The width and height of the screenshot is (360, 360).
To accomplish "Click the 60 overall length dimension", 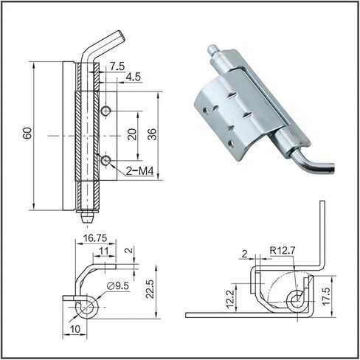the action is [x=27, y=134].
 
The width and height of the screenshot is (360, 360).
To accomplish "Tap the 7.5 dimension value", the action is [x=117, y=66].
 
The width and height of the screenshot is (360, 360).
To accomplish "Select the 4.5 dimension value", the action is [x=133, y=77].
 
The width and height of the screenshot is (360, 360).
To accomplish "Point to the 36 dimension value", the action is [x=152, y=134].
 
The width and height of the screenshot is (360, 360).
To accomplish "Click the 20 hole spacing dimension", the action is [x=132, y=134].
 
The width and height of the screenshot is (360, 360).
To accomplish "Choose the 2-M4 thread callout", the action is [x=139, y=170].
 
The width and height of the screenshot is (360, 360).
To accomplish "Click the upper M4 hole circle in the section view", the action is [x=105, y=111].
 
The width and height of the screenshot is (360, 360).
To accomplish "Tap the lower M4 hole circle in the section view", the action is [x=105, y=161].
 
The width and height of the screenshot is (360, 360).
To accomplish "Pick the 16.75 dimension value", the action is [x=95, y=238].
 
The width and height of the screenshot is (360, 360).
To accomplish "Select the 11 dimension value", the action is [x=104, y=251].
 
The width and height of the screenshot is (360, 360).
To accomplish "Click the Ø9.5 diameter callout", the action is [x=118, y=285].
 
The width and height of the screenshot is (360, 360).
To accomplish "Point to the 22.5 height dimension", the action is [x=150, y=288].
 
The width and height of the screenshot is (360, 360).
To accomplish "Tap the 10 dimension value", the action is [x=75, y=329].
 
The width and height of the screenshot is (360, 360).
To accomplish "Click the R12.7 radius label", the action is [x=282, y=250].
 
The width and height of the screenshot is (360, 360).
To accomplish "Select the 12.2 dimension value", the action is [x=230, y=299].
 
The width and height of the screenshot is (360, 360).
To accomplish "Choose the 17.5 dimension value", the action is [x=327, y=297].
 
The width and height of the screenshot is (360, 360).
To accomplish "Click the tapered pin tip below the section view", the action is [x=88, y=218].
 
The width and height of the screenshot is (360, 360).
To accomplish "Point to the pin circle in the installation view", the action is [x=297, y=300].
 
